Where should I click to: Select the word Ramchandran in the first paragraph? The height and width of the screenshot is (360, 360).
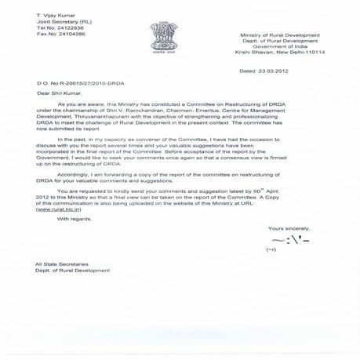click(148, 115)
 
